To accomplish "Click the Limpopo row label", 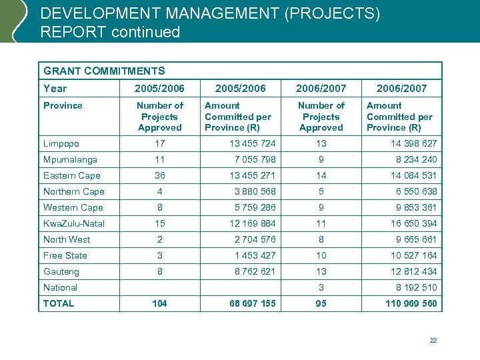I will click(61, 143).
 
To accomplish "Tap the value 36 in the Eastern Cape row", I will click(159, 175).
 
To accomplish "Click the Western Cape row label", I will click(73, 207).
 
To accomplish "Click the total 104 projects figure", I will click(159, 303).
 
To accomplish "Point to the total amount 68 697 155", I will click(250, 303).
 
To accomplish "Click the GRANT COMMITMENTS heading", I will click(104, 71).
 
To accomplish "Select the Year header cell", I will click(55, 88).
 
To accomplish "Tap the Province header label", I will click(63, 105).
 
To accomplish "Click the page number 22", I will click(433, 341).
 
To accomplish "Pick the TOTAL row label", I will click(59, 303).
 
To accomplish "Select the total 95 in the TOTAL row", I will click(321, 303).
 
